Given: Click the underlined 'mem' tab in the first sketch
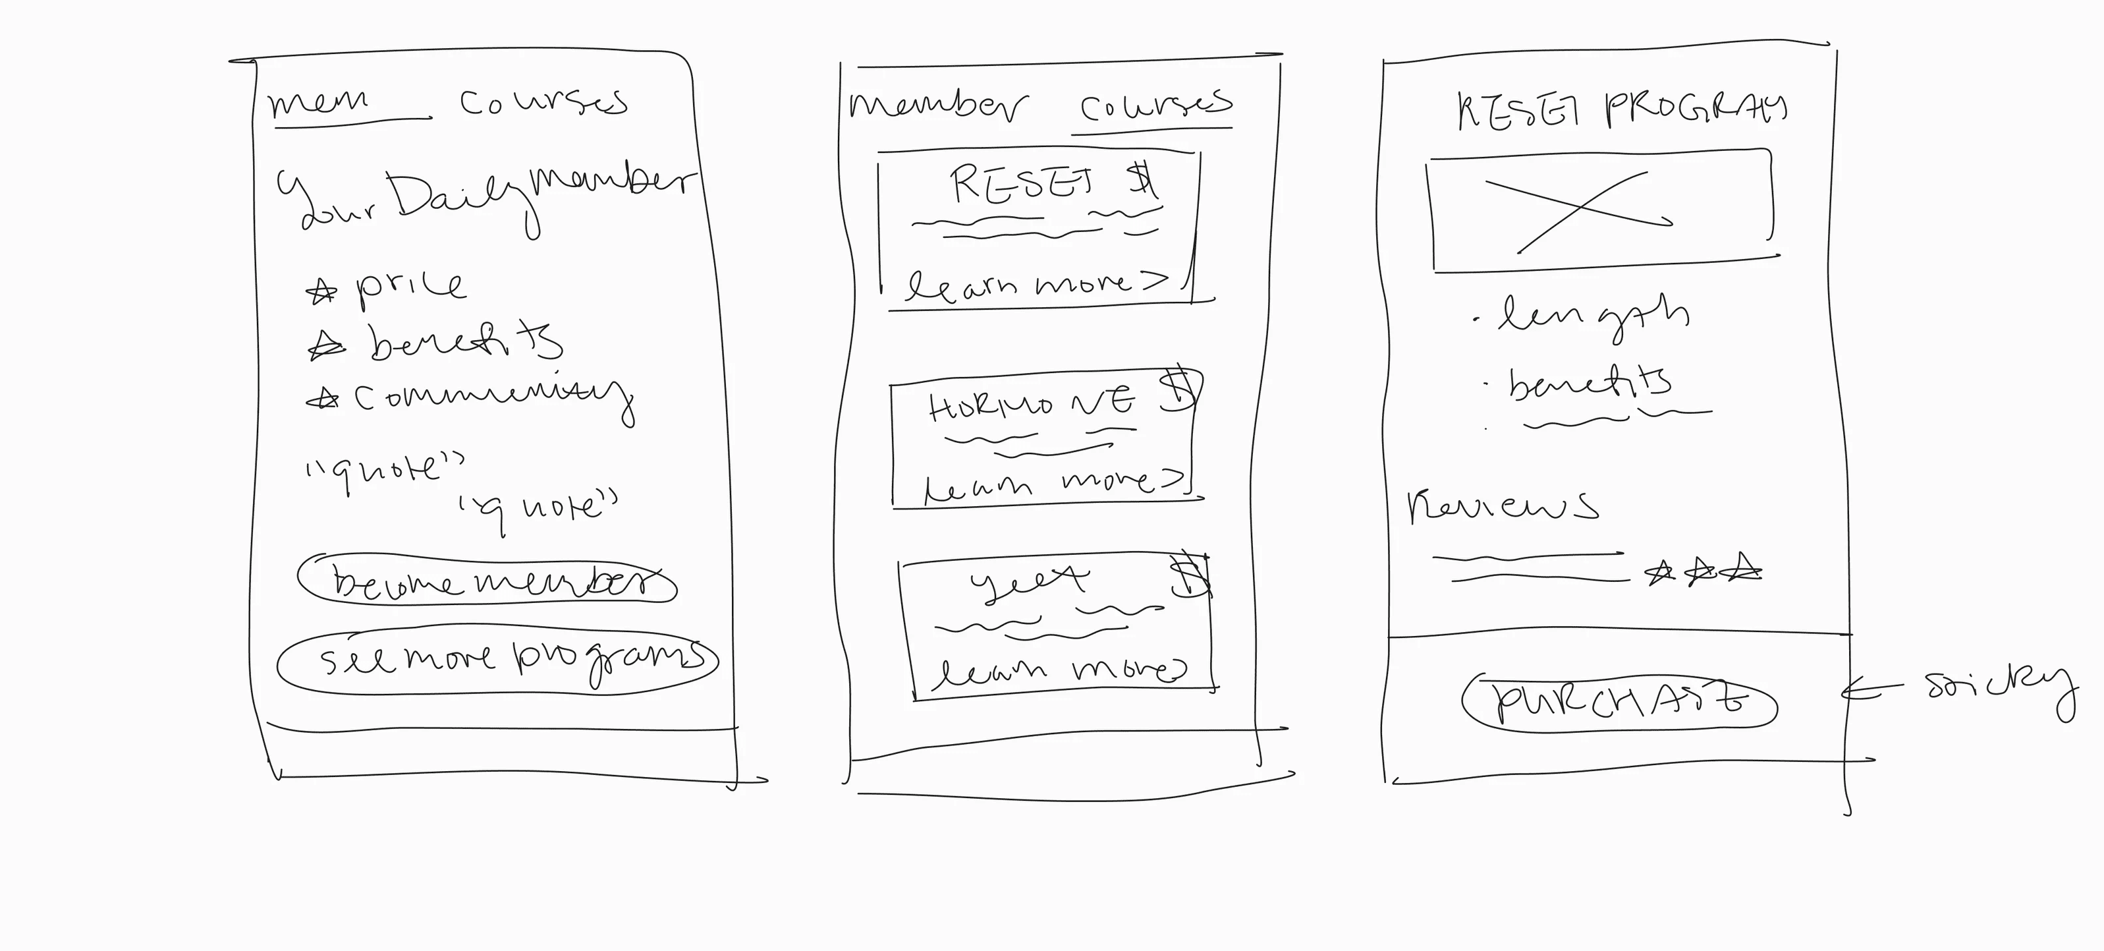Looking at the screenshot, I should (x=319, y=103).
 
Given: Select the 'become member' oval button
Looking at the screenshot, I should (x=487, y=581).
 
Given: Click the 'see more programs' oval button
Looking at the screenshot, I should (x=497, y=660).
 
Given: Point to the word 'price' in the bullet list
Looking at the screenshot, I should (x=410, y=286).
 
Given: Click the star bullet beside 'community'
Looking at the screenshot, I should (x=323, y=399).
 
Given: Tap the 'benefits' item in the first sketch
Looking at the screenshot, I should (x=466, y=343).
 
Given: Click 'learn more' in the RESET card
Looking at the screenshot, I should (x=1038, y=284).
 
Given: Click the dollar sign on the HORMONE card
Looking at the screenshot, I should (x=1178, y=391).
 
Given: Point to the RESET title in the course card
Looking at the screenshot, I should (x=1021, y=184).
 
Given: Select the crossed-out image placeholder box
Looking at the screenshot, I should (x=1599, y=210).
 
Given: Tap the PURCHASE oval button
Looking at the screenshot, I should (x=1619, y=702).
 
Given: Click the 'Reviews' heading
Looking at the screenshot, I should (x=1501, y=507).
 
